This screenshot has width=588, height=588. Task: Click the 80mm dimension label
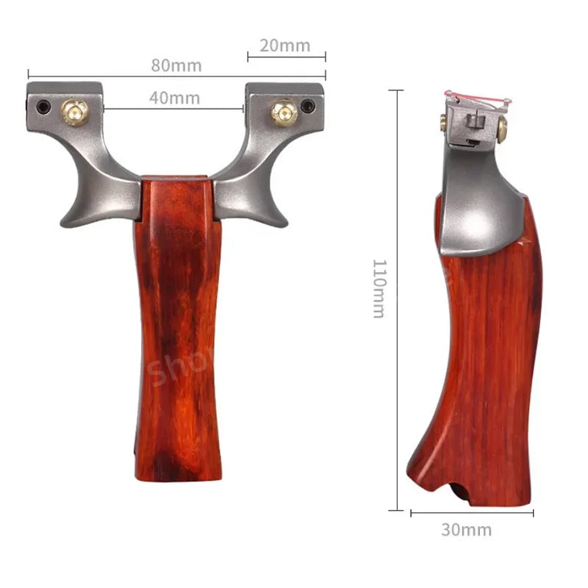click(176, 65)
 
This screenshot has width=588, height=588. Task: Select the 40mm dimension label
click(174, 98)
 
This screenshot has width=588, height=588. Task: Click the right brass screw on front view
click(282, 112)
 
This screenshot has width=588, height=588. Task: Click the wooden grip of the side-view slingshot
click(485, 353)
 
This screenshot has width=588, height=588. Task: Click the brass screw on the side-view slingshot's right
click(502, 133)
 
